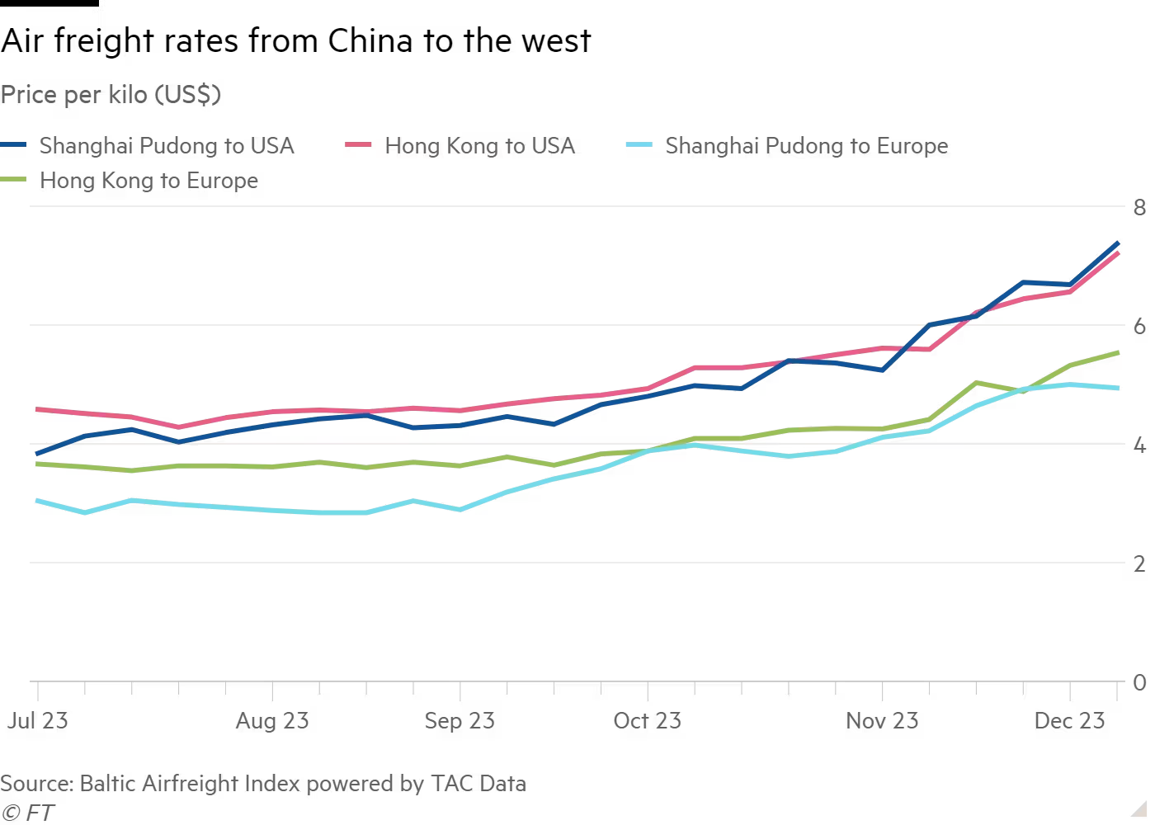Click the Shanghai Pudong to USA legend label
click(167, 146)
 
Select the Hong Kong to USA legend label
click(480, 146)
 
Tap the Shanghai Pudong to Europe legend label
click(806, 146)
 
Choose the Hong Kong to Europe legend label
click(148, 181)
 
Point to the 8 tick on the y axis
click(1139, 207)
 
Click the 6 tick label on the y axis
click(1139, 326)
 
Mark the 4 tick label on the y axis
click(1139, 445)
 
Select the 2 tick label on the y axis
click(1139, 563)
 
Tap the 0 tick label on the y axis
click(1139, 682)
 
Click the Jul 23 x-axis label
click(38, 720)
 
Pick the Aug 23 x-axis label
click(272, 720)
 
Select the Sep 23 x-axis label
click(460, 720)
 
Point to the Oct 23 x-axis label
click(648, 720)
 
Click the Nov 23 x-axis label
click(882, 720)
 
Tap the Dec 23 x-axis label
click(1069, 720)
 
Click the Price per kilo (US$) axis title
click(111, 95)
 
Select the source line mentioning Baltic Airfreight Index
click(263, 783)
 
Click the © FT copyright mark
click(27, 813)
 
